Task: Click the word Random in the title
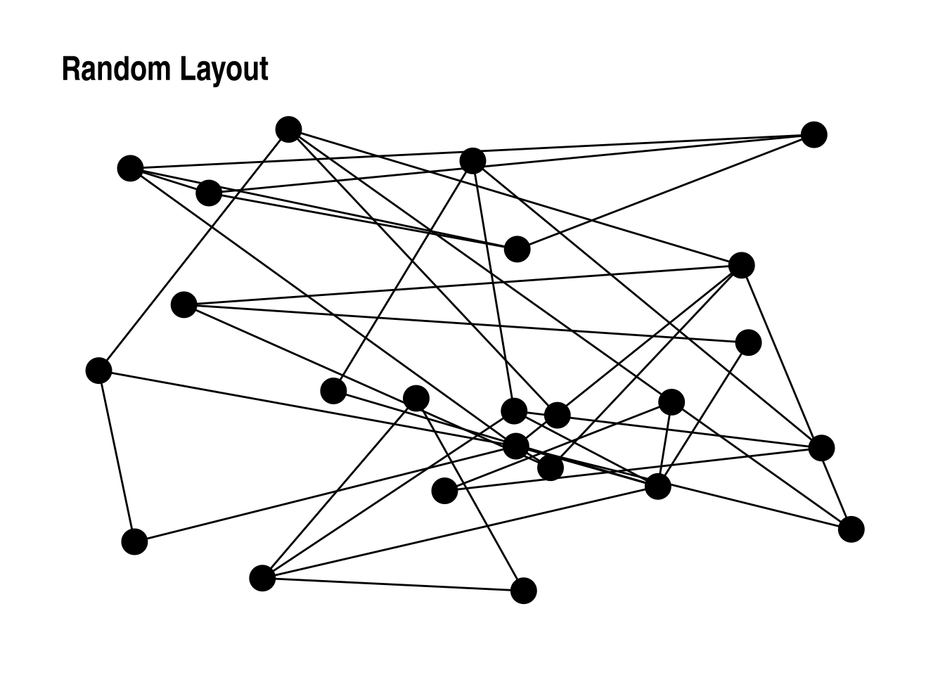click(115, 70)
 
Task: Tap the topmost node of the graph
click(288, 129)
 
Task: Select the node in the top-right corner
click(814, 134)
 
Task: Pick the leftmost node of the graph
click(98, 370)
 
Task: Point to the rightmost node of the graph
click(851, 529)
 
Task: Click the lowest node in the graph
click(523, 591)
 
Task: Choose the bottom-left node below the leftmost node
click(134, 542)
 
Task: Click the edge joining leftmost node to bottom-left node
click(116, 456)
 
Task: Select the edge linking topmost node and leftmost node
click(193, 250)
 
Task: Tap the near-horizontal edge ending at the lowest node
click(392, 584)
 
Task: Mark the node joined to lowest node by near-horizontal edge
click(262, 578)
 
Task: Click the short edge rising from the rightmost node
click(836, 488)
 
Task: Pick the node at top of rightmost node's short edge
click(821, 447)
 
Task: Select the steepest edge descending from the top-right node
click(665, 191)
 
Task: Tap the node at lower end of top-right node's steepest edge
click(517, 248)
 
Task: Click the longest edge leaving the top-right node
click(471, 151)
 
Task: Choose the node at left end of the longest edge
click(130, 168)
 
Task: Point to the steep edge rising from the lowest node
click(470, 494)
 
